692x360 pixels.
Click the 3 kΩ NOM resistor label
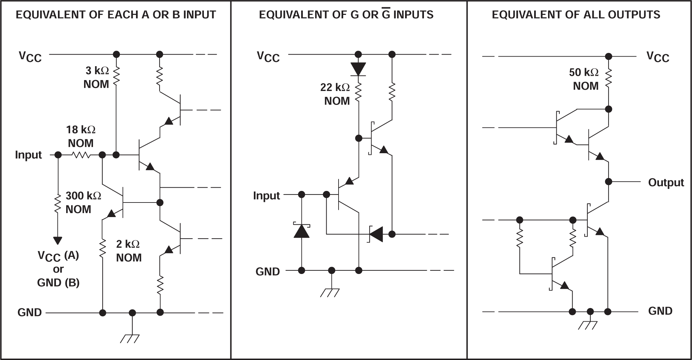[97, 77]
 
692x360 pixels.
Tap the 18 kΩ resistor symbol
[81, 155]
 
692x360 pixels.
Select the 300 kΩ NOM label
[83, 202]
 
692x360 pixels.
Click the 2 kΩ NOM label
[128, 251]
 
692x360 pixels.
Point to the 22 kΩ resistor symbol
[358, 92]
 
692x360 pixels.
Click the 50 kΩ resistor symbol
[608, 78]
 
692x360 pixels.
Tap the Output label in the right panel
[666, 183]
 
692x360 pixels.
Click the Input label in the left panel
[28, 155]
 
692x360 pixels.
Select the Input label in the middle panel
[266, 196]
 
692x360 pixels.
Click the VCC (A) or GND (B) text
[58, 269]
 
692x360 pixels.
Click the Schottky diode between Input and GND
[301, 231]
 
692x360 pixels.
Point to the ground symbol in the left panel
[130, 338]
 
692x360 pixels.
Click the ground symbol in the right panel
[588, 325]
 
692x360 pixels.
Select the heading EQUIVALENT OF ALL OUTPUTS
[576, 15]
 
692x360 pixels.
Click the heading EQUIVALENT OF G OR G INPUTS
[346, 15]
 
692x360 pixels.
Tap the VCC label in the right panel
[658, 57]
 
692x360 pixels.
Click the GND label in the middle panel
[267, 272]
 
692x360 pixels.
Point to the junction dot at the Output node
[608, 182]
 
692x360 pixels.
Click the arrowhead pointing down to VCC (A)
[58, 240]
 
